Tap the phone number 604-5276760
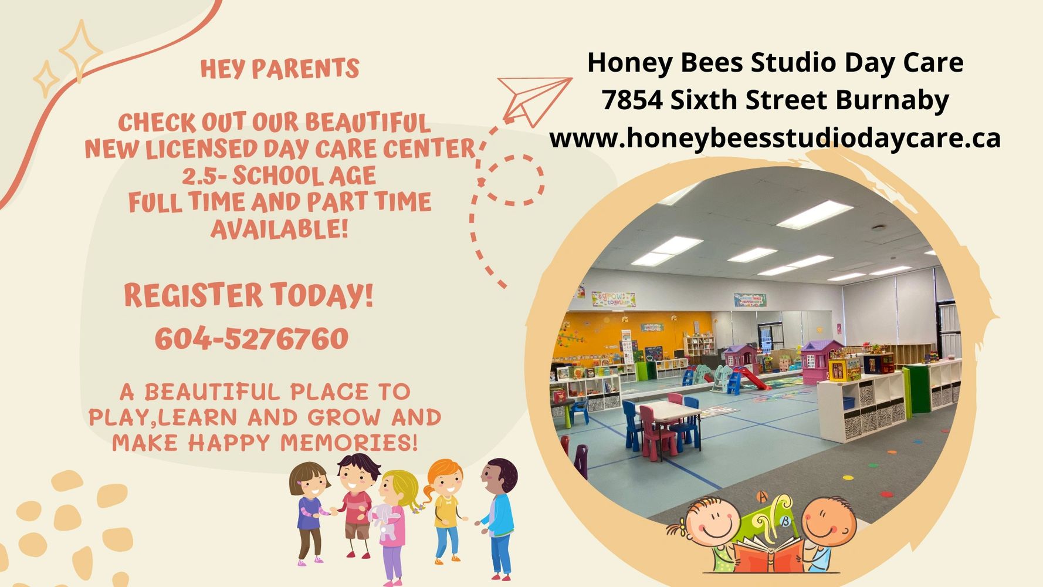[x=252, y=339]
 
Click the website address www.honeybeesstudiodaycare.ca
[x=775, y=139]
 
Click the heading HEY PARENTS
[x=280, y=69]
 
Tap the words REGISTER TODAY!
[x=249, y=295]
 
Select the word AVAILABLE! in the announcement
[x=280, y=229]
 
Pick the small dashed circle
[x=513, y=180]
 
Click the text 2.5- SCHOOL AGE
[x=279, y=176]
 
